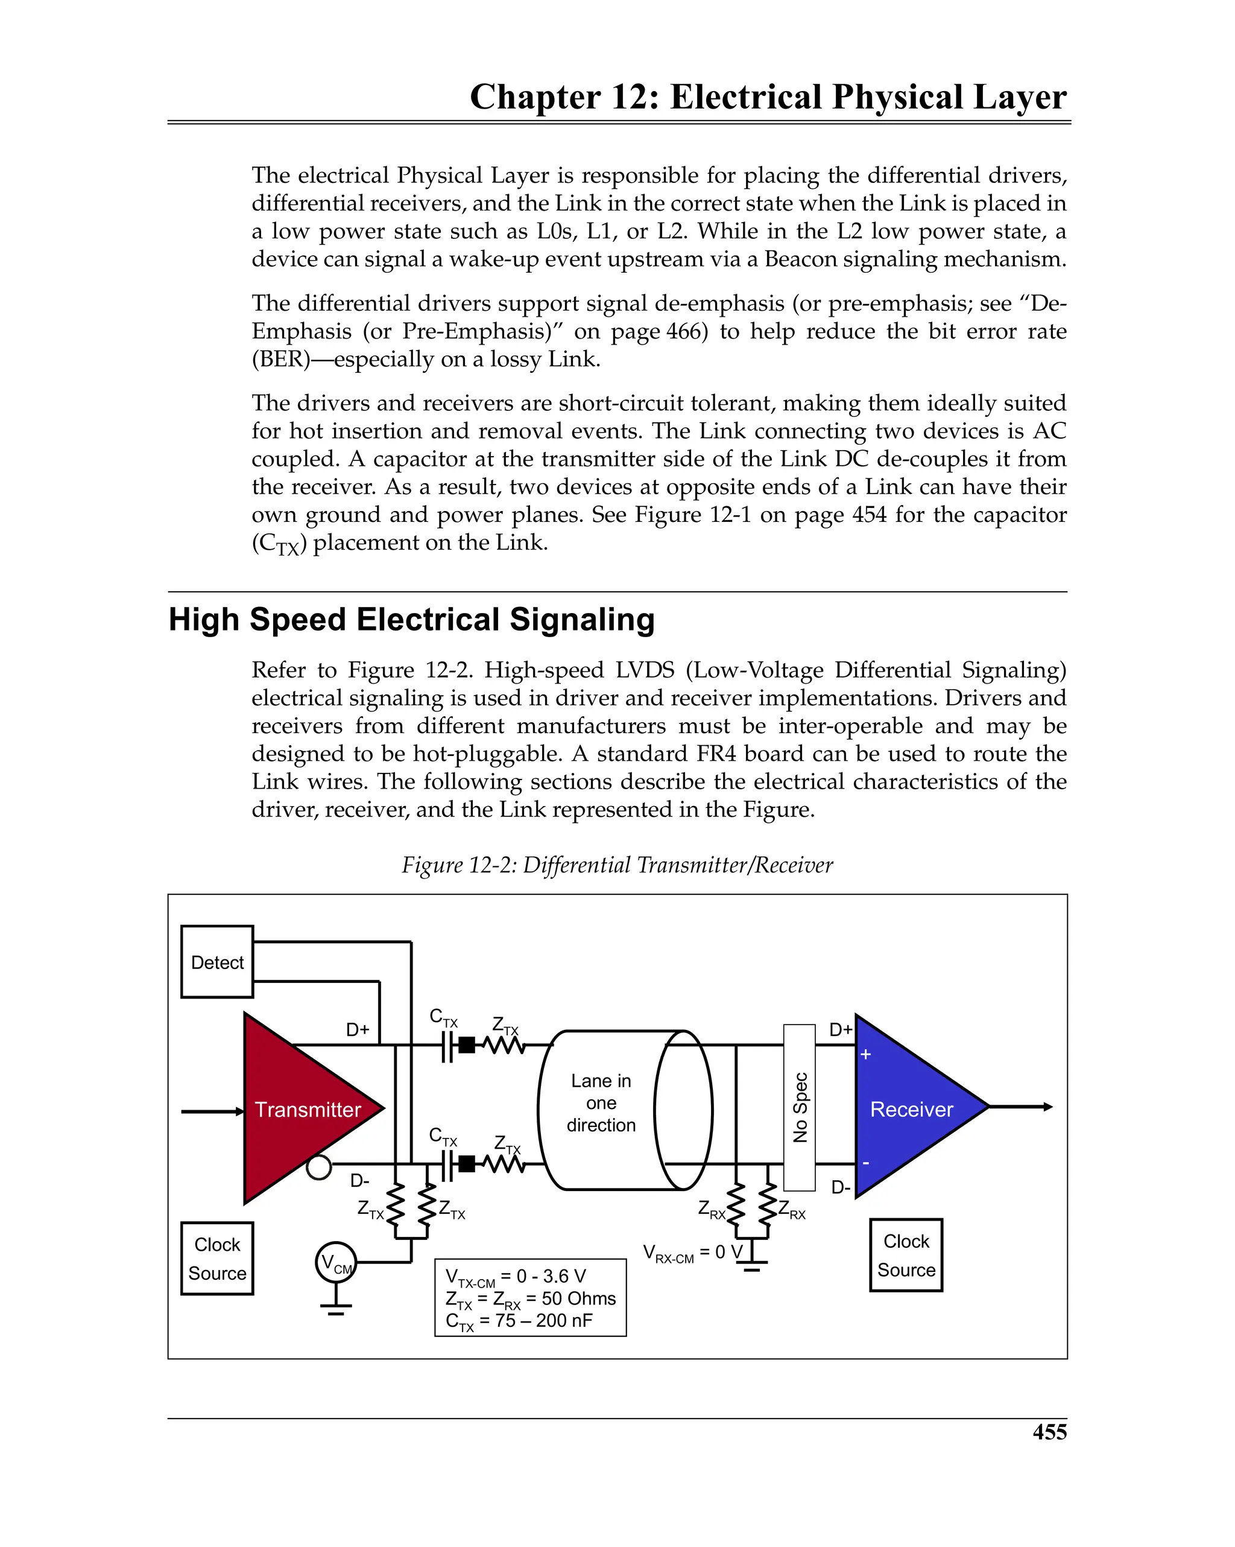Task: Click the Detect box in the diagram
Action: coord(216,962)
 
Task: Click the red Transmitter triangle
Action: coord(302,1108)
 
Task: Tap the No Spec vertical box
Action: coord(799,1107)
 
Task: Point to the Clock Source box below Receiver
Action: coord(906,1255)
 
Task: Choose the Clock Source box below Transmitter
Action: coord(216,1259)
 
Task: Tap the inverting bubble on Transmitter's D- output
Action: coord(318,1167)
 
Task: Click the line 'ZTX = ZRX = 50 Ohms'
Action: coord(530,1299)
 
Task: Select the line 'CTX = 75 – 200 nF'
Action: coord(519,1321)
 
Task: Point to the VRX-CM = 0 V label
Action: coord(692,1254)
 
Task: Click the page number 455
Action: coord(1049,1432)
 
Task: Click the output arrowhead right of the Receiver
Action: coord(1048,1107)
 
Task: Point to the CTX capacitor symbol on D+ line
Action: coord(447,1047)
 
